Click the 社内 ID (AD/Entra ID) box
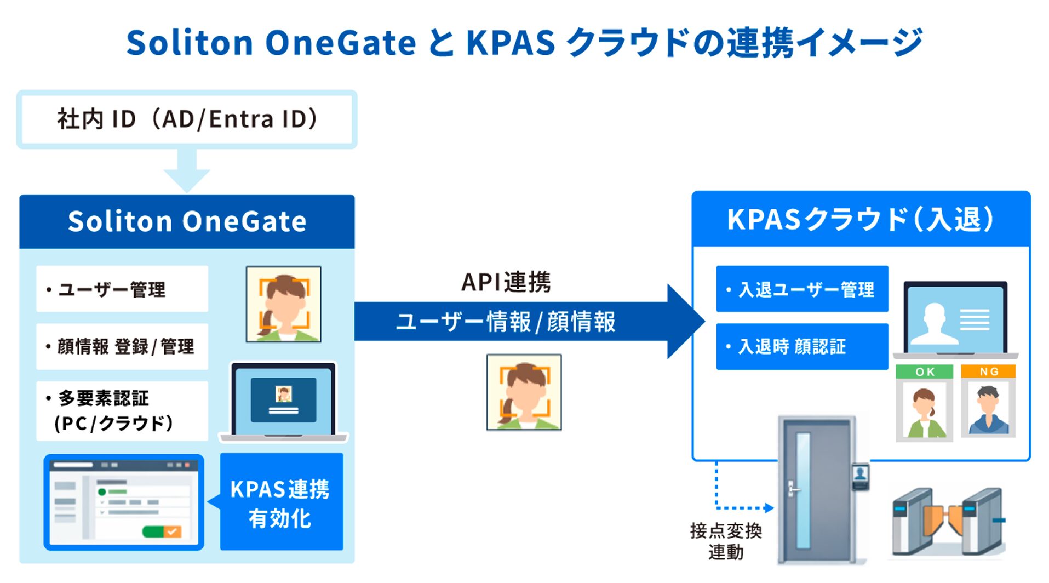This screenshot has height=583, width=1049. pyautogui.click(x=187, y=119)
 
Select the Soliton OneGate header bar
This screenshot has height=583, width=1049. pyautogui.click(x=187, y=221)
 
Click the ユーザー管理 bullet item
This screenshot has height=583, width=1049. pyautogui.click(x=122, y=289)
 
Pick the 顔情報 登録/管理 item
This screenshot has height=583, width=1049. pyautogui.click(x=122, y=346)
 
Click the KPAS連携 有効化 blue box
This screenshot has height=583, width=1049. pyautogui.click(x=281, y=502)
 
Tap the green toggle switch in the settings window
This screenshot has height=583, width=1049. pyautogui.click(x=162, y=531)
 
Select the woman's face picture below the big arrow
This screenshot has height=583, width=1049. pyautogui.click(x=524, y=392)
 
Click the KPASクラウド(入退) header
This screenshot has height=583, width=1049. pyautogui.click(x=861, y=220)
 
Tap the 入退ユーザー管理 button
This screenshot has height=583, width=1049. pyautogui.click(x=801, y=289)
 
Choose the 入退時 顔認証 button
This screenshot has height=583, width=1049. pyautogui.click(x=801, y=346)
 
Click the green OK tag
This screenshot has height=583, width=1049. pyautogui.click(x=924, y=371)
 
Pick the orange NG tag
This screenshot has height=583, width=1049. pyautogui.click(x=988, y=371)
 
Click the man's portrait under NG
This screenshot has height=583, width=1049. pyautogui.click(x=988, y=409)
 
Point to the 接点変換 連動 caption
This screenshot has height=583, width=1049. pyautogui.click(x=725, y=541)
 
